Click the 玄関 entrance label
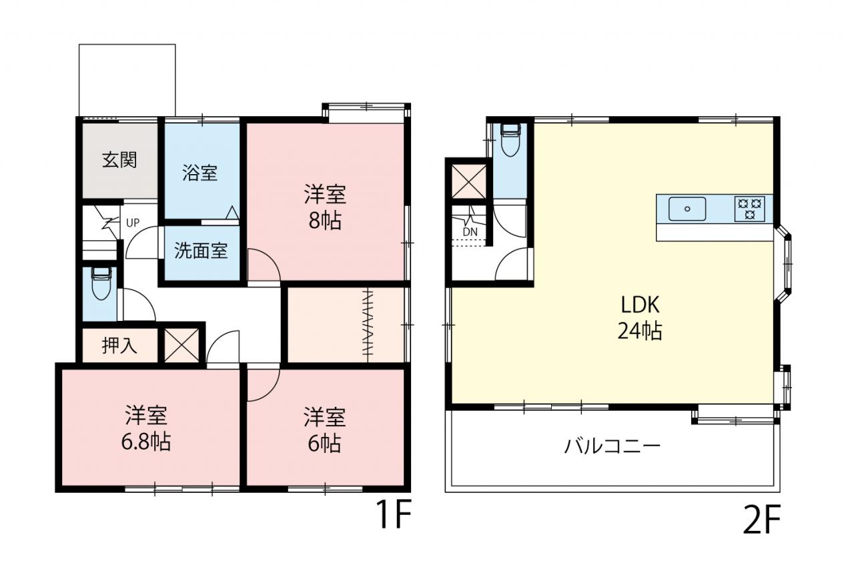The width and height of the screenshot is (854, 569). [119, 160]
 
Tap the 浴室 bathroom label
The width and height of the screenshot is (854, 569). [199, 173]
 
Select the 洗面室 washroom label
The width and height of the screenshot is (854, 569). [201, 251]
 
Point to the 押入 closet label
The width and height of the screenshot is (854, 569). [119, 346]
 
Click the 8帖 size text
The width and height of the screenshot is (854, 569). [325, 221]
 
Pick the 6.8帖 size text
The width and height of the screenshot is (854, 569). [146, 442]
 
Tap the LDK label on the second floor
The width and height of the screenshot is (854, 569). [640, 304]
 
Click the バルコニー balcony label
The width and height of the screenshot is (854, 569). [612, 446]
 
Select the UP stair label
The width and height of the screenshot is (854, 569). [133, 223]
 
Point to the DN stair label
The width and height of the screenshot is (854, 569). [470, 231]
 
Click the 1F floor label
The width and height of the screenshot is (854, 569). [394, 514]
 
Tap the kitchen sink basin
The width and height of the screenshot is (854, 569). [687, 209]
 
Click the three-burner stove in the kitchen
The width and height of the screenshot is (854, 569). [749, 209]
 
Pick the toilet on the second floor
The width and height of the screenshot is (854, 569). [510, 140]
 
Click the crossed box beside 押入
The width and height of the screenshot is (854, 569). [181, 346]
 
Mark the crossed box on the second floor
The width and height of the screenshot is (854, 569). [468, 181]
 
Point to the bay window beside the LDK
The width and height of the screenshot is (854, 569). [784, 265]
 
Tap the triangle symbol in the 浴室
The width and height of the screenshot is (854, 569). [232, 213]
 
